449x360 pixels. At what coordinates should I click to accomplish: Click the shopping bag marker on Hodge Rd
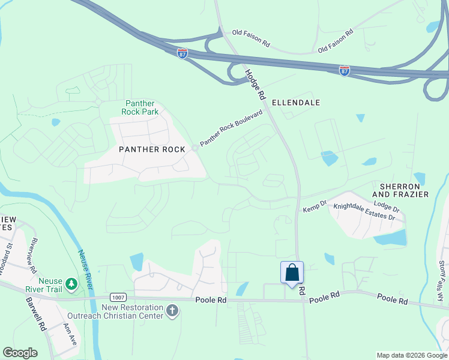click(292, 273)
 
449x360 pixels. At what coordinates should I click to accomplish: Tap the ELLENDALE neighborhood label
click(295, 103)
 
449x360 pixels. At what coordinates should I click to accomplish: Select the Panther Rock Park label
click(140, 108)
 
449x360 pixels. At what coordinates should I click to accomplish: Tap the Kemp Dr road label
click(314, 206)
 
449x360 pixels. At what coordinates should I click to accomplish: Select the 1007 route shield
click(118, 297)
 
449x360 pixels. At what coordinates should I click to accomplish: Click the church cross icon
click(172, 311)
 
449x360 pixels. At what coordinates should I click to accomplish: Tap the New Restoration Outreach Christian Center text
click(133, 311)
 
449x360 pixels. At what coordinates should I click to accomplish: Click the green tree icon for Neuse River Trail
click(71, 283)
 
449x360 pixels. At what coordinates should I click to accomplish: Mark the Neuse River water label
click(85, 269)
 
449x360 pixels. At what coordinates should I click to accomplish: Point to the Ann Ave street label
click(70, 334)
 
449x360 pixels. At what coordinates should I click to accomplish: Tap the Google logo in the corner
click(20, 352)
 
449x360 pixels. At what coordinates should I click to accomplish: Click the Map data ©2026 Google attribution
click(412, 355)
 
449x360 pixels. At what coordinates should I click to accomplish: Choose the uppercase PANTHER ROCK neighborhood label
click(148, 149)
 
